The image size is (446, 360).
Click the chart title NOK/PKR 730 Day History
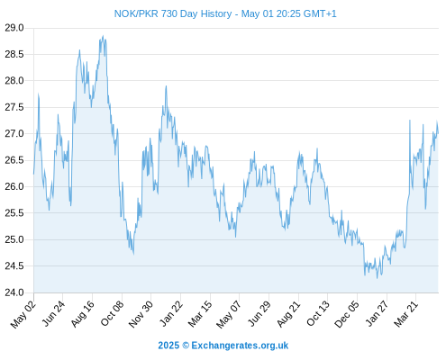point(173,13)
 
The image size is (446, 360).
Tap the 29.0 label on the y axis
point(14,28)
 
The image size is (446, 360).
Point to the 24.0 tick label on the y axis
point(14,292)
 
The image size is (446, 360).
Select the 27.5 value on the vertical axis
point(14,107)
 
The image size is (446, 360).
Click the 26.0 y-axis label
point(14,186)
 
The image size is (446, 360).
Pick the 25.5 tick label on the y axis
point(14,213)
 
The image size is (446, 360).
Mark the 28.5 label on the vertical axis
point(14,54)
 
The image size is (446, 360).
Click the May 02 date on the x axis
point(23,314)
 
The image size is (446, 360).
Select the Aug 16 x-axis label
point(82,314)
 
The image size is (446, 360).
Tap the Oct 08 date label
point(112,314)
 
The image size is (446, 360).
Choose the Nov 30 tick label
point(141,314)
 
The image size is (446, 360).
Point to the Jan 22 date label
point(170,314)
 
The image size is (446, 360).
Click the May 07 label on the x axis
point(229,314)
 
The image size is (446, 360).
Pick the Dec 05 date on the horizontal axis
point(347,314)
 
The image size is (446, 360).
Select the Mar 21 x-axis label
point(405,314)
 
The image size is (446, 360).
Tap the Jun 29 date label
point(259,314)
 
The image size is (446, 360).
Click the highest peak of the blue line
point(103,36)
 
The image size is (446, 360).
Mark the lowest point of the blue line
point(378,278)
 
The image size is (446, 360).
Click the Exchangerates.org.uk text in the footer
point(240,346)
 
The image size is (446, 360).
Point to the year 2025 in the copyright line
point(168,346)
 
